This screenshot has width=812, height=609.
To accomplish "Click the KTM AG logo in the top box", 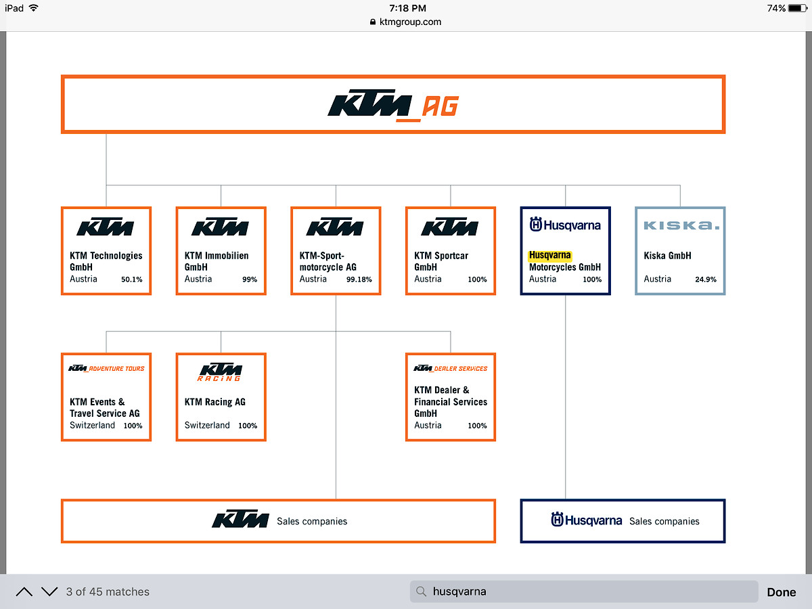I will (392, 106).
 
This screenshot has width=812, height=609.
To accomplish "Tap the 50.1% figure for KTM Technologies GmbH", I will (132, 279).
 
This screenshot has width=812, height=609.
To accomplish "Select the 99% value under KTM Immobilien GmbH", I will (250, 279).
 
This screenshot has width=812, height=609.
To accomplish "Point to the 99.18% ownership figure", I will (359, 279).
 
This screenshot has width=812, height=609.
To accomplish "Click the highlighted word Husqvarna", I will (549, 256).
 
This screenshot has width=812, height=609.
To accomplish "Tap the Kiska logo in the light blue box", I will (680, 225).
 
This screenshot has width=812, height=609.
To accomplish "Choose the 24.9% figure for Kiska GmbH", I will (706, 279).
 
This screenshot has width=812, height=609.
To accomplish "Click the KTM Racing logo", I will (220, 371).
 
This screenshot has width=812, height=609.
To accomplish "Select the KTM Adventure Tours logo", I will (106, 369).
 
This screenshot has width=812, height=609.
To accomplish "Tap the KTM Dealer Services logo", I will (450, 369).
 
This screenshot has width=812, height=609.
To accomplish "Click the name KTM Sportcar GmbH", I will (441, 261).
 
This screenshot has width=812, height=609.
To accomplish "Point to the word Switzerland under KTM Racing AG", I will (207, 426).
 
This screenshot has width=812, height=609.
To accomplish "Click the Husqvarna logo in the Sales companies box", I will (586, 520).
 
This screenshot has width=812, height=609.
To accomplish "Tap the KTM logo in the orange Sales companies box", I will (240, 520).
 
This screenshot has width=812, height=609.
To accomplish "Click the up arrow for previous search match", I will (24, 591).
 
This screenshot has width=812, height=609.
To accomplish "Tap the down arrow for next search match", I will (49, 591).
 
